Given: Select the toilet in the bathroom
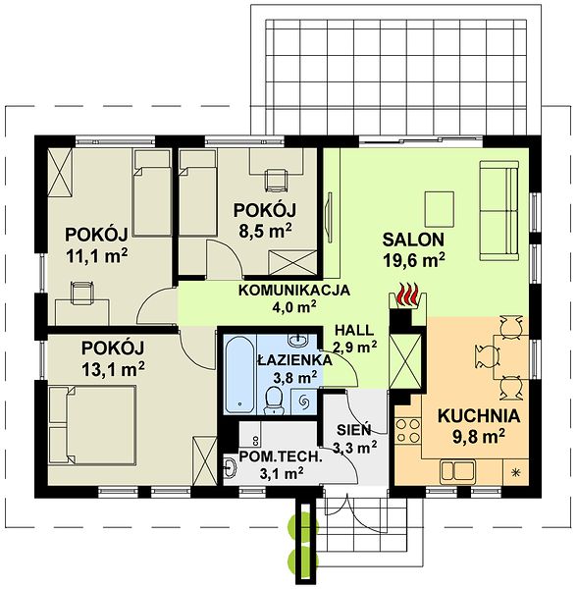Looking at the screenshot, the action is click(274, 401).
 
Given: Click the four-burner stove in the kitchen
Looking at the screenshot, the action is click(408, 431).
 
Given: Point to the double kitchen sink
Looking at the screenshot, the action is click(457, 470).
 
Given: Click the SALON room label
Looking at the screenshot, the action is click(413, 240).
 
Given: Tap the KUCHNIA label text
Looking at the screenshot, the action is click(479, 416).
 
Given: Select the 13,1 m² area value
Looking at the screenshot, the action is click(113, 370).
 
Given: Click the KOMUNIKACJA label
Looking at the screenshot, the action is click(294, 291).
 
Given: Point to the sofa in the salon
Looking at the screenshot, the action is click(499, 211).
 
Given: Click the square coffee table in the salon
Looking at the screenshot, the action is click(440, 209).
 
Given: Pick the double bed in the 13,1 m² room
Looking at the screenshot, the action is click(92, 425).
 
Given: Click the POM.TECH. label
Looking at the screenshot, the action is click(282, 457).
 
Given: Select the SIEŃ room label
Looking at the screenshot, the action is click(354, 429).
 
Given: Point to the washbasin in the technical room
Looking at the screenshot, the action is click(230, 469).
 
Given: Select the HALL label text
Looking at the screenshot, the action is click(354, 330).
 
